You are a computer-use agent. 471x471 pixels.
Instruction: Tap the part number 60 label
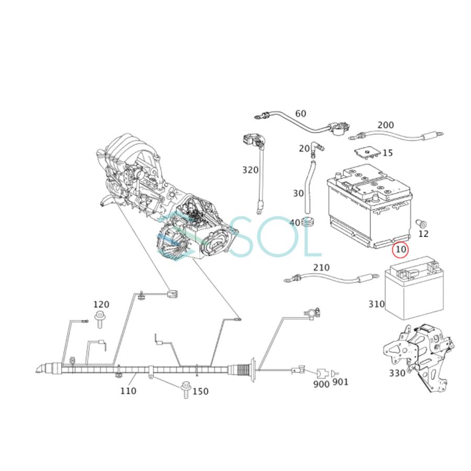(x=300, y=114)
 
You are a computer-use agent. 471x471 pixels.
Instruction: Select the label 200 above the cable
(x=385, y=125)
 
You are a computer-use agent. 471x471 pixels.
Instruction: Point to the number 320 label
(x=250, y=170)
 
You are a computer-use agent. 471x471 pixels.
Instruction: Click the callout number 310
(x=376, y=304)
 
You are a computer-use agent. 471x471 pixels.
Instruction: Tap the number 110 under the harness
(x=128, y=390)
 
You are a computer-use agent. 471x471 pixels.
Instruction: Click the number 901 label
(x=340, y=382)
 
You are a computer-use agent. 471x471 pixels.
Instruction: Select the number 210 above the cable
(x=321, y=267)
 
